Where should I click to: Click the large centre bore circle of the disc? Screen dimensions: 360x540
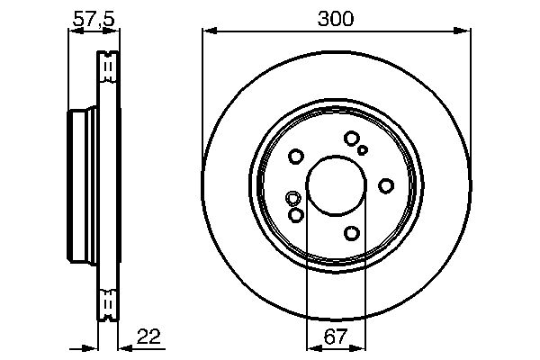(336, 186)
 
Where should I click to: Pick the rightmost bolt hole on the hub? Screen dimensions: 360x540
(386, 185)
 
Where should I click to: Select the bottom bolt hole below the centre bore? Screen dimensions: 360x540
(352, 233)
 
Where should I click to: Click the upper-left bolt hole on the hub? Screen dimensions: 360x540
(296, 157)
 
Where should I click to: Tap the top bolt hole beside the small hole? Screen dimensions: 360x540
(351, 138)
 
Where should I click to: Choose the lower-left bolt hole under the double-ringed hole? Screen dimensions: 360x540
(296, 215)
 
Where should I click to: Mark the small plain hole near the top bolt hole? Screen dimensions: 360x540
(363, 150)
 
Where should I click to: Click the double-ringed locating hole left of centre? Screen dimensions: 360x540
(292, 199)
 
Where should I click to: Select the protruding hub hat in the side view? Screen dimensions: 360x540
(82, 184)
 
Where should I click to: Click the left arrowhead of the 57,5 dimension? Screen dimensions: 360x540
(73, 31)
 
